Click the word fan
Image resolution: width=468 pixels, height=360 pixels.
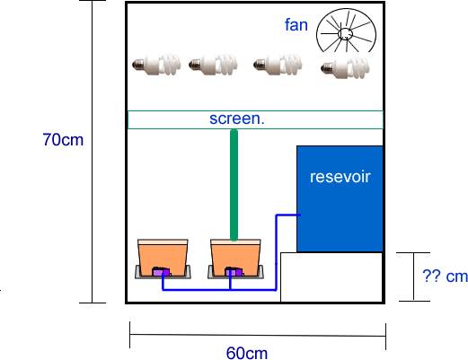pos(296,24)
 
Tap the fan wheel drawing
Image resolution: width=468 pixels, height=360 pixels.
pos(346,31)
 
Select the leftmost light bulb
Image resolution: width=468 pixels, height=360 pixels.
pos(156,64)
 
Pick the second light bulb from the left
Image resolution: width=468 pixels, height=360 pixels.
pos(213,64)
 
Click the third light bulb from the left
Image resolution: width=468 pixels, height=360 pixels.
pos(278,65)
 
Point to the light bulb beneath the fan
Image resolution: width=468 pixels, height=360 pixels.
pos(345,68)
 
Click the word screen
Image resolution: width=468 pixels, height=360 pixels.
pos(237,119)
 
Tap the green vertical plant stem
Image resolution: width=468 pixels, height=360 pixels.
pos(234,185)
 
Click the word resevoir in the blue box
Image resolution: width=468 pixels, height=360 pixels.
pos(340,177)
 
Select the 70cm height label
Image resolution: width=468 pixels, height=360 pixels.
pos(63,140)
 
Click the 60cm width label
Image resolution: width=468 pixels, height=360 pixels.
pos(247,353)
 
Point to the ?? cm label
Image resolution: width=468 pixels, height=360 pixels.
pos(445,276)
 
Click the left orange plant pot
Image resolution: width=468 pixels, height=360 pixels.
pos(163,259)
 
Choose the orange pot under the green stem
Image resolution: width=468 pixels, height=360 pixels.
pos(235,259)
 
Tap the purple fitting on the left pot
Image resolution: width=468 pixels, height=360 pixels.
pos(162,272)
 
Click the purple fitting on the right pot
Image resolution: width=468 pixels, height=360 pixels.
pos(234,272)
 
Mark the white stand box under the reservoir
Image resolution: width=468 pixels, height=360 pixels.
pos(331,277)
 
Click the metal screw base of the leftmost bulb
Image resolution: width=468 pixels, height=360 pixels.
pos(137,64)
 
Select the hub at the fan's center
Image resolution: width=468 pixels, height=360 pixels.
pos(345,33)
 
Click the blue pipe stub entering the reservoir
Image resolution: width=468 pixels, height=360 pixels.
pos(288,215)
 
